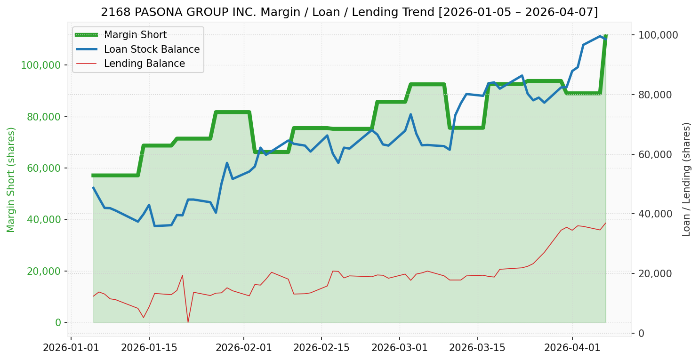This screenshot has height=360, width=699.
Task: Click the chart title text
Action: (349, 12)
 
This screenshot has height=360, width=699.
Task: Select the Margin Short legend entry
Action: (135, 35)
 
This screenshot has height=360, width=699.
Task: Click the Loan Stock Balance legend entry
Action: (152, 49)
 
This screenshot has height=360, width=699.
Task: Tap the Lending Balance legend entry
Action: (144, 64)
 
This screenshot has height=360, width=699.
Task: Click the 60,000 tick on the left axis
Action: (45, 168)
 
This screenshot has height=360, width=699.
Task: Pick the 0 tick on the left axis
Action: (58, 322)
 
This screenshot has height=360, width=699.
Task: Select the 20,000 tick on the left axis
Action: (45, 271)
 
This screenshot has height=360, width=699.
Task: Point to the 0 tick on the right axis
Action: (641, 333)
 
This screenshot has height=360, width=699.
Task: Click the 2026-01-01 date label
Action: (71, 348)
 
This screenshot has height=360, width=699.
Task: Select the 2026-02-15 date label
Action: (321, 348)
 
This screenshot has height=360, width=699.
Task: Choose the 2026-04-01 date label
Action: (572, 348)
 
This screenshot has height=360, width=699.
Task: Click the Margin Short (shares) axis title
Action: (11, 180)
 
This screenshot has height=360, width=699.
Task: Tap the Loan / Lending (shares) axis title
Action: (686, 179)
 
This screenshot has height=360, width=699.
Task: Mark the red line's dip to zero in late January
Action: (188, 322)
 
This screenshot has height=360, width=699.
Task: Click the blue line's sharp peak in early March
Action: (410, 114)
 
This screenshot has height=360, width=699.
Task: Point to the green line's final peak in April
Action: (605, 36)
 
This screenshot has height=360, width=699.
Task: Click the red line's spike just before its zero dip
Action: (182, 275)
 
